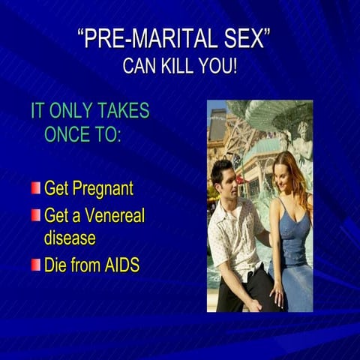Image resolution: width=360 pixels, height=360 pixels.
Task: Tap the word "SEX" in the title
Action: click(241, 40)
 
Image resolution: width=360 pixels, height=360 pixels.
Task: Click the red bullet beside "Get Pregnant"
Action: click(35, 187)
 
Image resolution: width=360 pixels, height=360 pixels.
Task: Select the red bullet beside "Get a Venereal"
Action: click(35, 215)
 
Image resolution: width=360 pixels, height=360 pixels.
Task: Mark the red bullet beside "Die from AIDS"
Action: click(35, 264)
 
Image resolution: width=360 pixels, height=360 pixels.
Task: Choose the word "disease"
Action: click(69, 238)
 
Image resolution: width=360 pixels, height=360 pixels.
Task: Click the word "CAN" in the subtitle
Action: click(137, 66)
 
